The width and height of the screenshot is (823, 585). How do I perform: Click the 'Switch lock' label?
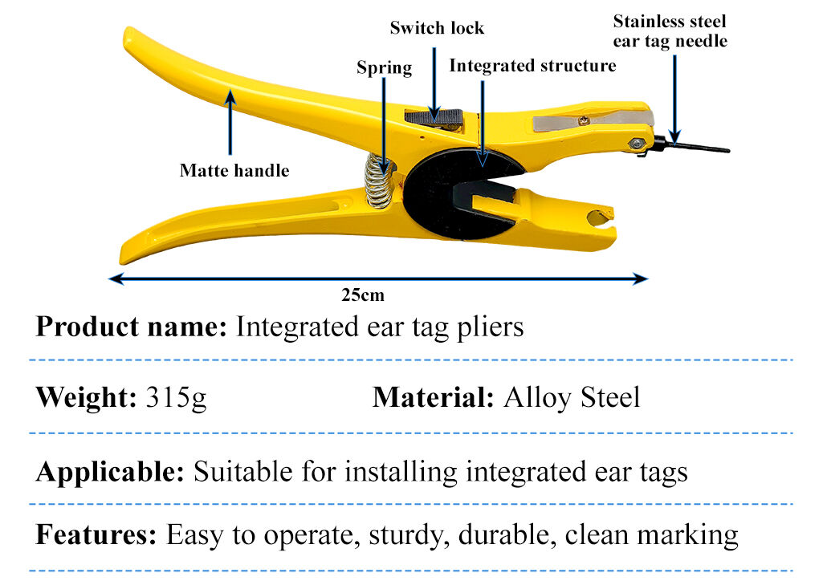[x=437, y=28]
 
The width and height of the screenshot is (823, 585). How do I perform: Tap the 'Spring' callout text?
[x=385, y=67]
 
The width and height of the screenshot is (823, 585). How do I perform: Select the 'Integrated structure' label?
[x=533, y=66]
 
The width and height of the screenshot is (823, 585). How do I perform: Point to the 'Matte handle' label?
[x=234, y=170]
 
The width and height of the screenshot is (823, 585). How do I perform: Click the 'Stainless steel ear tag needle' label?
[x=670, y=31]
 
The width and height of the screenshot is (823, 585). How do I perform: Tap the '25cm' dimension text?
[x=363, y=295]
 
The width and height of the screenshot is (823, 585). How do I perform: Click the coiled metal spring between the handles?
[x=379, y=181]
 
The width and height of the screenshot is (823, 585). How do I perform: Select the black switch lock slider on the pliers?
[x=434, y=117]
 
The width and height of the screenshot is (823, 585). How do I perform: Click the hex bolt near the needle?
[x=636, y=143]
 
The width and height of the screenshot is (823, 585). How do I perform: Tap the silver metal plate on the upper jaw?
[x=593, y=120]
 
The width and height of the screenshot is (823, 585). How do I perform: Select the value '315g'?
[x=177, y=398]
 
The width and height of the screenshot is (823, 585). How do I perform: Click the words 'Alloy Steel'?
[x=572, y=397]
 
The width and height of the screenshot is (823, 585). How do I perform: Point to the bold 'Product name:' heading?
[x=131, y=327]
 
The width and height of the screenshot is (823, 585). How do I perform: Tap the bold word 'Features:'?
[x=96, y=534]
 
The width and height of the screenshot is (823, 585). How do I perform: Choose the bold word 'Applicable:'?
[x=110, y=471]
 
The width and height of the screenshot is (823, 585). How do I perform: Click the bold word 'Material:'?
[x=433, y=397]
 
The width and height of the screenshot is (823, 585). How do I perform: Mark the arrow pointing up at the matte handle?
[x=230, y=122]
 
